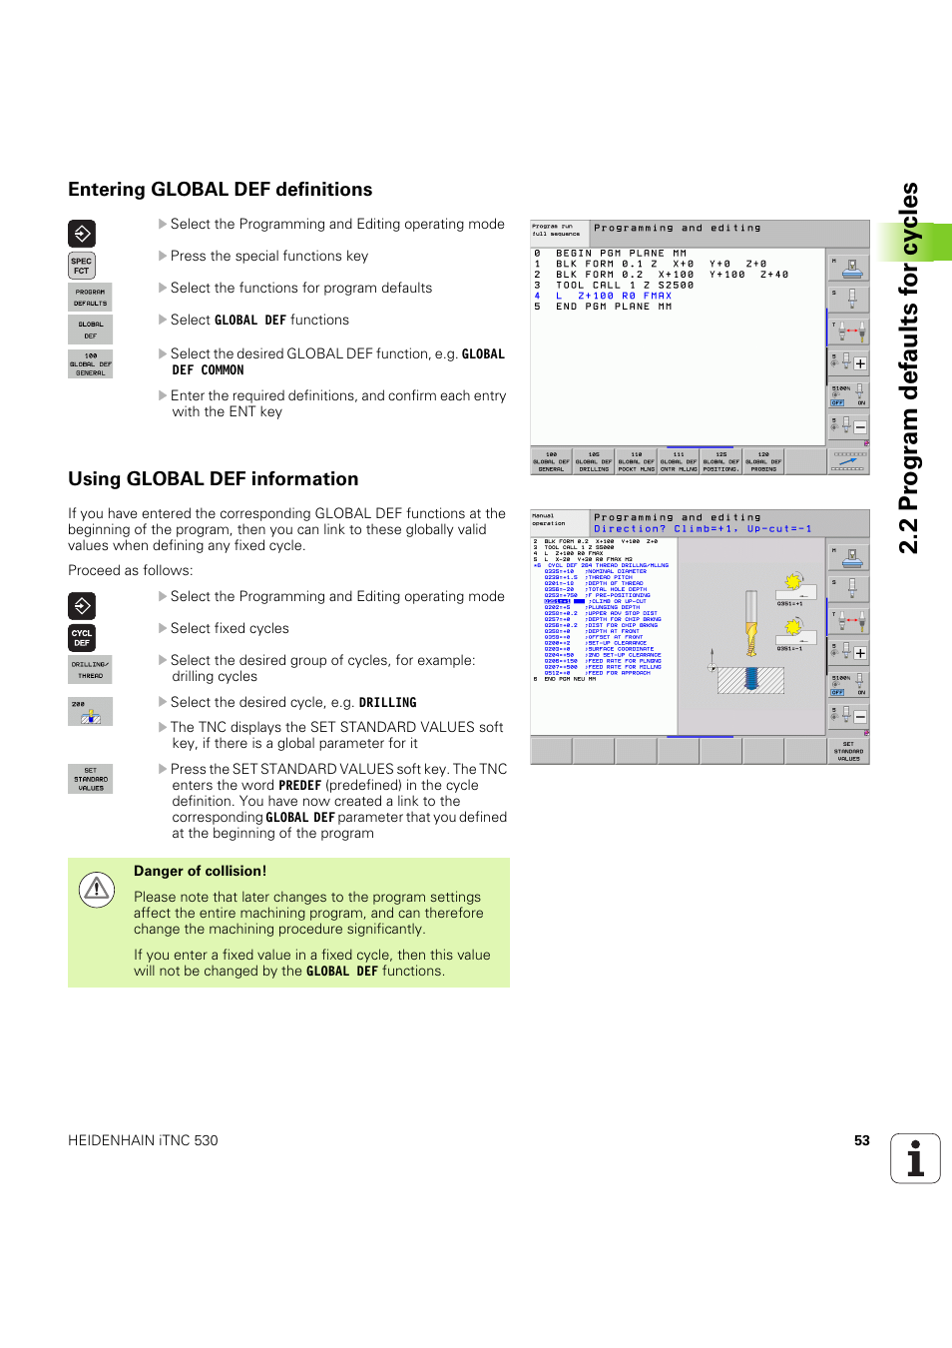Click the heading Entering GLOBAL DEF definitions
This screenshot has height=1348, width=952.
tap(220, 190)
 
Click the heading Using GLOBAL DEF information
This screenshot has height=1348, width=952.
tap(213, 479)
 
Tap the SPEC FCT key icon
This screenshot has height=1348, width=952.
tap(82, 266)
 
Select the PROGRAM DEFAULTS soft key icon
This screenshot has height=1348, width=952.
tap(90, 298)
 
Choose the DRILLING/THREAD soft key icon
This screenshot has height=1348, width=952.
tap(90, 670)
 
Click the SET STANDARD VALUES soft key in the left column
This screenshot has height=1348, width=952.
tap(90, 779)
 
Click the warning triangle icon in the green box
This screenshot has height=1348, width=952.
tap(97, 888)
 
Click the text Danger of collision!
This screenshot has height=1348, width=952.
tap(200, 871)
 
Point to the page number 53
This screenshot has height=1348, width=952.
tap(861, 1140)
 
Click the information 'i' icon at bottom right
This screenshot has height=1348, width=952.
tap(915, 1158)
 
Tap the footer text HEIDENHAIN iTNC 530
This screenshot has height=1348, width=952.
tap(143, 1140)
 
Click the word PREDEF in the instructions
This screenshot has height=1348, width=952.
tap(299, 786)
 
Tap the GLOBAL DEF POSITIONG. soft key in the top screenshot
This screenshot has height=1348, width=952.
tap(720, 461)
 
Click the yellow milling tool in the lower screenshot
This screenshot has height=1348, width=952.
tap(751, 624)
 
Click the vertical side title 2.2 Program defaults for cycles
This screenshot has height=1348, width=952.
tap(908, 369)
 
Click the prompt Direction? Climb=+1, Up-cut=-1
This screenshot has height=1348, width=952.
tap(703, 529)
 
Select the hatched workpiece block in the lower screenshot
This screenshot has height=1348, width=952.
tap(750, 680)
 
